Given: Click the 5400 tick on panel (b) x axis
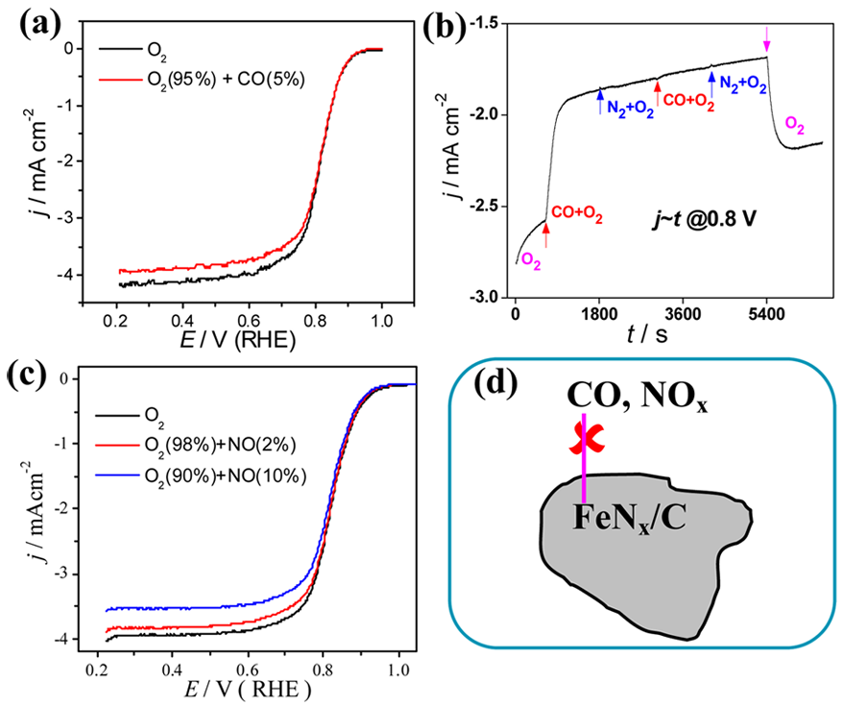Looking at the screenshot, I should [x=765, y=314].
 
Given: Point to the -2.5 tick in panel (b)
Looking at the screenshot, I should [x=485, y=207].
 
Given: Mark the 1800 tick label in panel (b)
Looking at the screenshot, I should [x=600, y=314].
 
